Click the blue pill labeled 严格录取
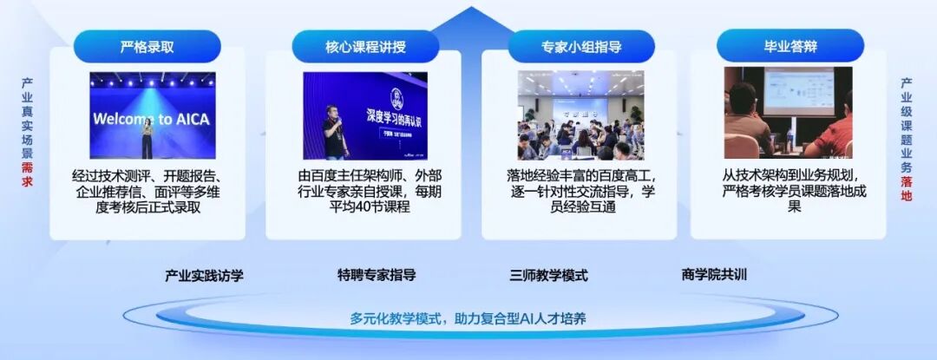[x=147, y=46]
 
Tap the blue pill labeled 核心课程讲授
[x=365, y=46]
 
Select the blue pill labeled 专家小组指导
[x=580, y=46]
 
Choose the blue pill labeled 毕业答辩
[x=790, y=46]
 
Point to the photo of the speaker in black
[x=365, y=115]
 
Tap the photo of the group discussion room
[x=580, y=115]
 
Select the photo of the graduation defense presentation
[x=788, y=112]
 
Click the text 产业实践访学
[x=205, y=276]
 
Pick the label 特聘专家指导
[x=377, y=276]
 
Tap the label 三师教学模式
[x=548, y=276]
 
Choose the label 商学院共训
[x=714, y=276]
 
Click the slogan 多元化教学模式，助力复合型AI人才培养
[x=468, y=318]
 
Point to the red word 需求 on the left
[x=28, y=174]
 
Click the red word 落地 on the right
[x=907, y=189]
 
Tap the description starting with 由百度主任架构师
[x=364, y=192]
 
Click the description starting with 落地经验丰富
[x=580, y=192]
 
